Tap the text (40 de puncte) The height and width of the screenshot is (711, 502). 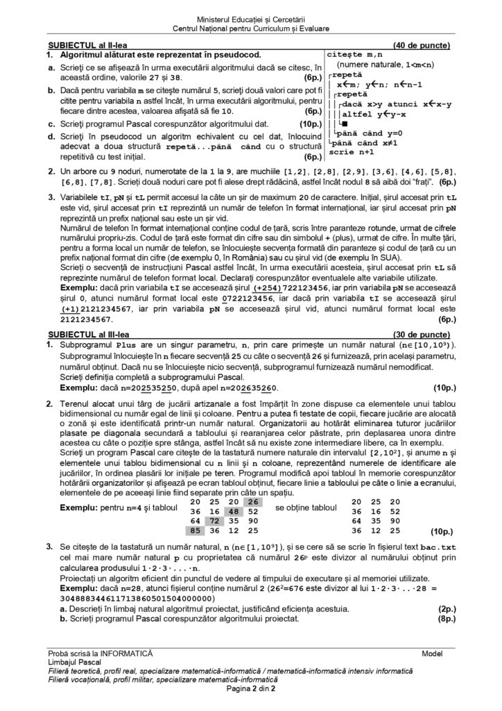(x=422, y=46)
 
